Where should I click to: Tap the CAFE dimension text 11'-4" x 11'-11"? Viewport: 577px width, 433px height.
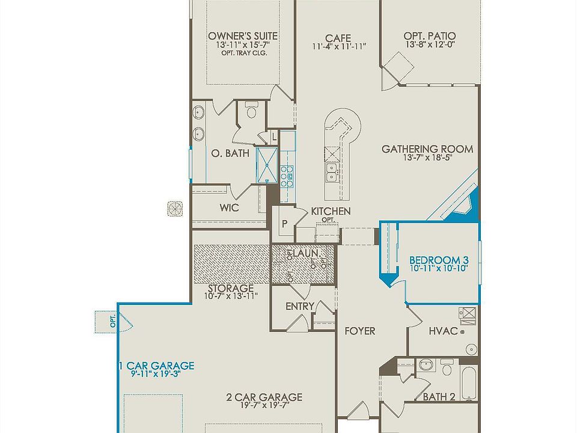click(x=339, y=46)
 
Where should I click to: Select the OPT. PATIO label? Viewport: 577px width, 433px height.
click(x=429, y=36)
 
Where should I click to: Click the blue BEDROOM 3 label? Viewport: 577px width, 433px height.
click(x=438, y=260)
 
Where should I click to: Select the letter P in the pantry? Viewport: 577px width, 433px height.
click(x=284, y=223)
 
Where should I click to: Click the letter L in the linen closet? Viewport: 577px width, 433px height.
click(x=275, y=137)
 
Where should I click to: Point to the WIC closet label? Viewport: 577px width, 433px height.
click(x=230, y=208)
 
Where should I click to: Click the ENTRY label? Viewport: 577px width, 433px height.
click(x=299, y=307)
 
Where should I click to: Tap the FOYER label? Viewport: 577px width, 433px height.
click(x=360, y=331)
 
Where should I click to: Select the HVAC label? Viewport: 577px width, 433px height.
click(x=444, y=331)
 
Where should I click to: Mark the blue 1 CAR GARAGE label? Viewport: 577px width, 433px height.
click(x=157, y=365)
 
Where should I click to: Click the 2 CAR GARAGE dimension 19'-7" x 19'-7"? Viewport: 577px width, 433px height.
click(x=264, y=405)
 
